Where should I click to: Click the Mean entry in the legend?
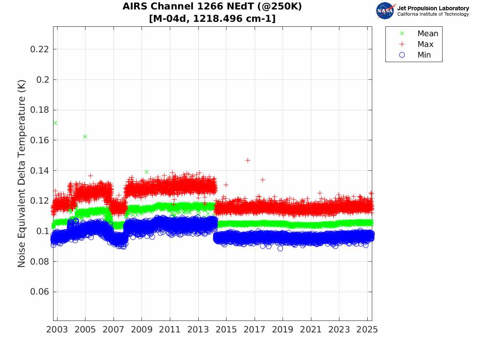pyautogui.click(x=427, y=34)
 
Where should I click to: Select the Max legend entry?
pyautogui.click(x=425, y=44)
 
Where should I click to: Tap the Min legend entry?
pyautogui.click(x=424, y=55)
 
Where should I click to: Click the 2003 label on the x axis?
pyautogui.click(x=57, y=330)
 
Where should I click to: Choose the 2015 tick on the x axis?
pyautogui.click(x=226, y=330)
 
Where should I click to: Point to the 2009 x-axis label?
pyautogui.click(x=141, y=330)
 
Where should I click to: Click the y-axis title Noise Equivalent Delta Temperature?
pyautogui.click(x=22, y=173)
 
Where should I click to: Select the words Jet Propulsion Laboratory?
pyautogui.click(x=433, y=8)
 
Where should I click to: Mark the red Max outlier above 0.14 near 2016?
pyautogui.click(x=248, y=160)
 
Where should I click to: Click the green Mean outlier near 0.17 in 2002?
pyautogui.click(x=55, y=123)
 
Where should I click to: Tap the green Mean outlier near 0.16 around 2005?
pyautogui.click(x=85, y=137)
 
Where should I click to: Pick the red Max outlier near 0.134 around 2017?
pyautogui.click(x=262, y=180)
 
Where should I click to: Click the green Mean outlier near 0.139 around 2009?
pyautogui.click(x=146, y=172)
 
